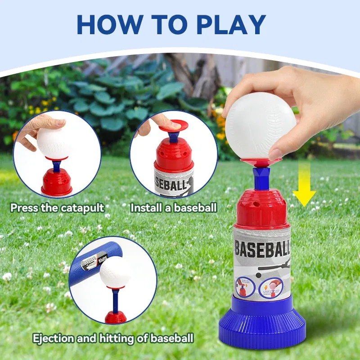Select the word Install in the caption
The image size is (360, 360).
(x=145, y=208)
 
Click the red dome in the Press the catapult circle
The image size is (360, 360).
(x=57, y=182)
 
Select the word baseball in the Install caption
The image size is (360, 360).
(x=195, y=208)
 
